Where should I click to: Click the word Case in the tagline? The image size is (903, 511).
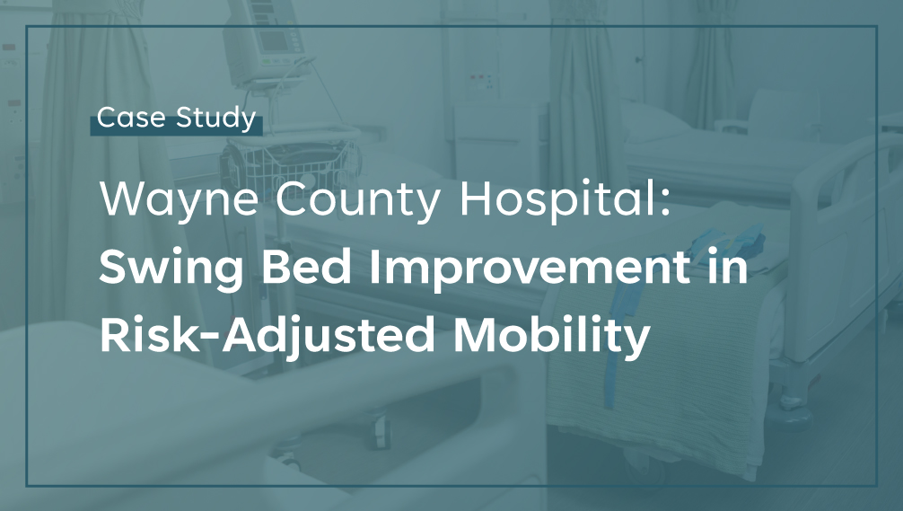(x=131, y=118)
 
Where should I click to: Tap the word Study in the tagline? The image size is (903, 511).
(x=216, y=119)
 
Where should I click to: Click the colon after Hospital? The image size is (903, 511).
(x=666, y=203)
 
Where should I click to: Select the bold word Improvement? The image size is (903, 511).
(x=530, y=269)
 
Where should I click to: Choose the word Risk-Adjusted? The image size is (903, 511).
(x=267, y=336)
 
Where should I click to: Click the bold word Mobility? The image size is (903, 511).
(x=552, y=336)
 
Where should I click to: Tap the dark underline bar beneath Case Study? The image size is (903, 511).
(x=176, y=126)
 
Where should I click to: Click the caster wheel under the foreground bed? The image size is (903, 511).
(x=380, y=433)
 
